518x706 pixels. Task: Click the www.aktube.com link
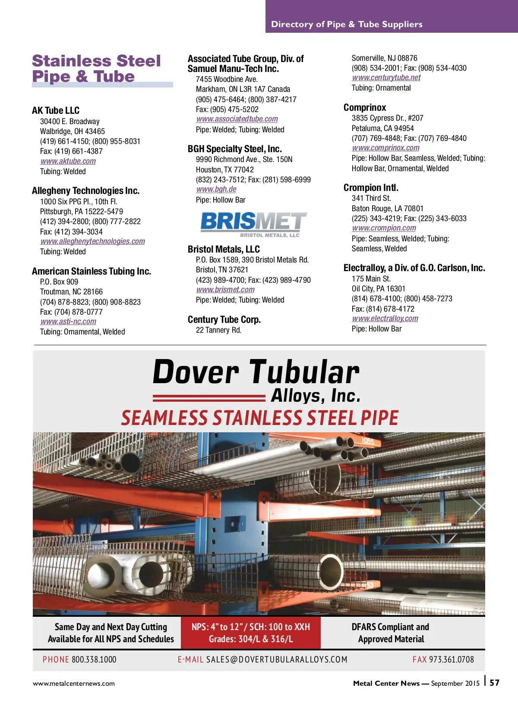coord(68,161)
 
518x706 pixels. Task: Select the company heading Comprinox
coord(365,107)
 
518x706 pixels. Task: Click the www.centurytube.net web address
coord(386,78)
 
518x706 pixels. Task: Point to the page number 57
coord(495,683)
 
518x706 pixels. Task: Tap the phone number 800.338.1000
coord(94,659)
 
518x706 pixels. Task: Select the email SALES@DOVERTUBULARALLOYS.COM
coord(276,659)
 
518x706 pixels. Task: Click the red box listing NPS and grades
coord(251,633)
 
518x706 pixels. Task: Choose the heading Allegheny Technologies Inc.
coord(85,191)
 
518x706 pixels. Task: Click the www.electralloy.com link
coord(385,319)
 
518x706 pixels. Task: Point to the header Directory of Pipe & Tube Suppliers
coord(347,24)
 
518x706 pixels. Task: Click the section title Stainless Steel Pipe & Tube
coord(96,69)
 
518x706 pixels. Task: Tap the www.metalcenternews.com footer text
coord(74,683)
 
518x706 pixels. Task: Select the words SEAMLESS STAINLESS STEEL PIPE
coord(259,418)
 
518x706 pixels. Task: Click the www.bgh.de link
coord(216,189)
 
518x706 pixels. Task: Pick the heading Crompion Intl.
coord(371,187)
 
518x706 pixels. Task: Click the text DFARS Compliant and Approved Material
coord(391,633)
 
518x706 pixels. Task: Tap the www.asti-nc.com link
coord(68,322)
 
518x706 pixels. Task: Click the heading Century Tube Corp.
coord(224,319)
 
